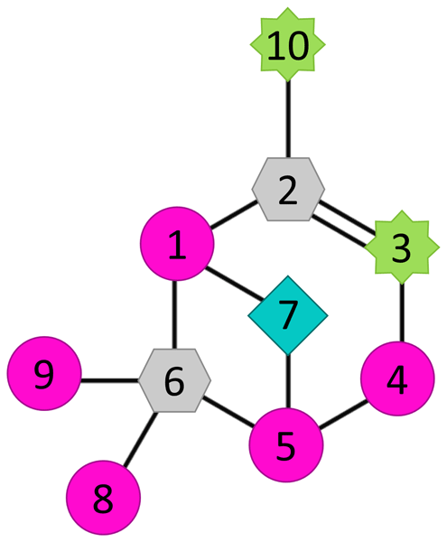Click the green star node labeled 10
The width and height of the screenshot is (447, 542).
point(287,44)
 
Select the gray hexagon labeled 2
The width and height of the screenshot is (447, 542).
point(288,190)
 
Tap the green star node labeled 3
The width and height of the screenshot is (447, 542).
point(402,248)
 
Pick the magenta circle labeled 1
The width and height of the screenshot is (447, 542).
point(177,244)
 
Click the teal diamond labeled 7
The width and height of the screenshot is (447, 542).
point(288,315)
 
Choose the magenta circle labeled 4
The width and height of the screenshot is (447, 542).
point(397,378)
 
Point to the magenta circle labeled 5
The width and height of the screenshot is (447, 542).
point(286,444)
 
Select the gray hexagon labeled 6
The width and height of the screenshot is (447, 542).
point(174,380)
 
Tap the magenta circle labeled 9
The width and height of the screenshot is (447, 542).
point(44,373)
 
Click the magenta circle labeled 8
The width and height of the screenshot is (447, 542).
point(103,498)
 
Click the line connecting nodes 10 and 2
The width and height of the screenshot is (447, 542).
point(288,119)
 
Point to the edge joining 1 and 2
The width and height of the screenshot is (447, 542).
point(233,215)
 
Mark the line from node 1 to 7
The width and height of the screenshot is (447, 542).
point(234,283)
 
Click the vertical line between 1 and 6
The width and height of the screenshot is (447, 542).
point(175,314)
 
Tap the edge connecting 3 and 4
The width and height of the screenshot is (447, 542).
point(402,313)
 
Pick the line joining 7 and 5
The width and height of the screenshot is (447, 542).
point(288,381)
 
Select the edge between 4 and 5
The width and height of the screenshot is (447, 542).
point(343,415)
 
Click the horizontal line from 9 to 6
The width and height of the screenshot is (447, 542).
point(110,380)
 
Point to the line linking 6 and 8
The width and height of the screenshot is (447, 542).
point(140,439)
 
